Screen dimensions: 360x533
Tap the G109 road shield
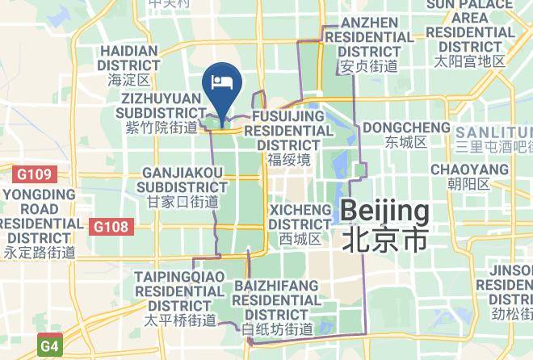tap(30, 173)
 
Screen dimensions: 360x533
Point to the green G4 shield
tap(50, 347)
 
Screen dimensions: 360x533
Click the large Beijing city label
tap(384, 212)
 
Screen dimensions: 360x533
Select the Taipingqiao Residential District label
tap(174, 292)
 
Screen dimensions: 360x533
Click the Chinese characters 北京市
tap(384, 239)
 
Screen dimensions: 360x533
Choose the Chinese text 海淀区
tap(129, 81)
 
